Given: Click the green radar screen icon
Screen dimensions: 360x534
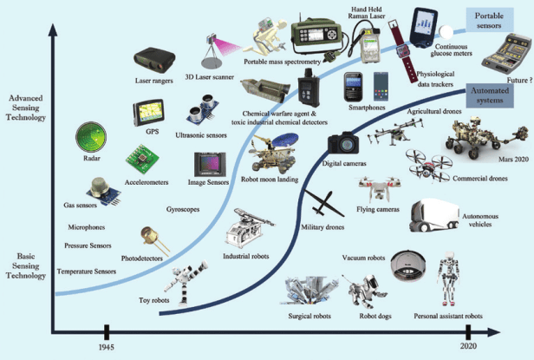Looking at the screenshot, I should [x=92, y=138].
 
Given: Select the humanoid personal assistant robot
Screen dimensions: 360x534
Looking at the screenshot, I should [x=452, y=279].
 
